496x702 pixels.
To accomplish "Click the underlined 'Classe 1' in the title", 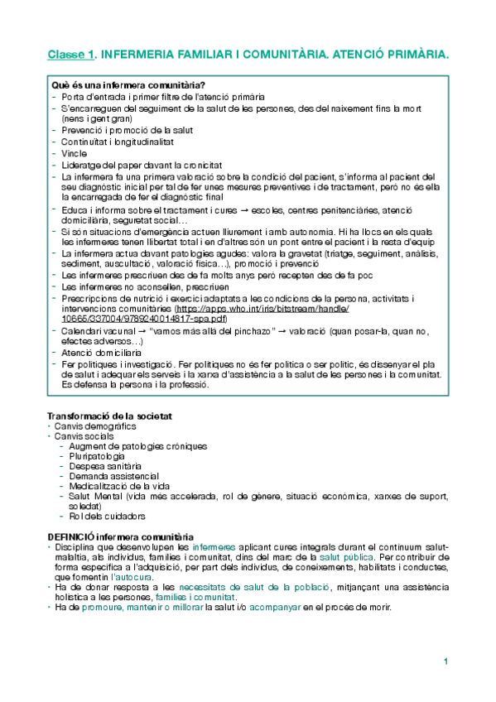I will tap(70, 55).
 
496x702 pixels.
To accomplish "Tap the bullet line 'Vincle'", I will tap(74, 153).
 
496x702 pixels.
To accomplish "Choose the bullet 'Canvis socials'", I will tap(85, 435).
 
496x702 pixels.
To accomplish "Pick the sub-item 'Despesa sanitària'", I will tap(104, 466).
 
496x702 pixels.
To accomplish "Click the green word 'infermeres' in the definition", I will tap(214, 547).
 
